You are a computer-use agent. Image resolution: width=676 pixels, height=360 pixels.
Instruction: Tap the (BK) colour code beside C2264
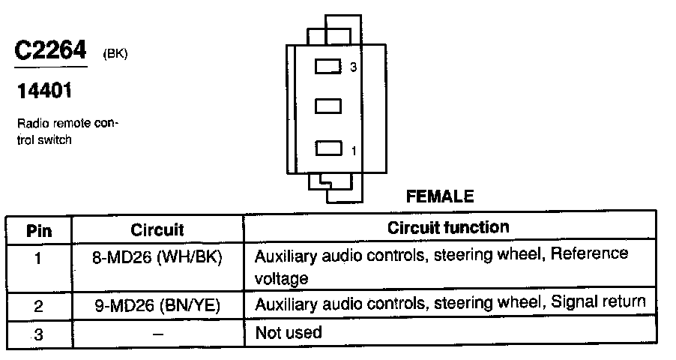pos(115,53)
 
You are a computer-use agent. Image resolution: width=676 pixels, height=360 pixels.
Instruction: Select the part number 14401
pos(45,93)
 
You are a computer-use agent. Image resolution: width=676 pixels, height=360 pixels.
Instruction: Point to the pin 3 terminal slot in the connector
pos(328,67)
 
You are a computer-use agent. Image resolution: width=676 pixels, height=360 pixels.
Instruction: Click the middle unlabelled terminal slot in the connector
pos(328,107)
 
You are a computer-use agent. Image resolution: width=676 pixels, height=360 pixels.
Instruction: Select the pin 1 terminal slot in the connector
pos(328,148)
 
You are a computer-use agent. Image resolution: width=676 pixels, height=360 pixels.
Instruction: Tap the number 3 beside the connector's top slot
pos(354,67)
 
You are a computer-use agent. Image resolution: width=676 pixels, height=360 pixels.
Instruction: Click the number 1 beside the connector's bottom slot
pos(354,151)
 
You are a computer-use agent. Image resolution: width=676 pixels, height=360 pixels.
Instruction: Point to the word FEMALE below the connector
pos(439,196)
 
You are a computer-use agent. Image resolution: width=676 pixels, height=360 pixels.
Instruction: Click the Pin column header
pos(39,229)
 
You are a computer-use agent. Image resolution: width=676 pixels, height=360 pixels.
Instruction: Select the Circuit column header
pos(157,229)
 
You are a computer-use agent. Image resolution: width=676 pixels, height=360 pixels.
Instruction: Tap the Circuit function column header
pos(448,227)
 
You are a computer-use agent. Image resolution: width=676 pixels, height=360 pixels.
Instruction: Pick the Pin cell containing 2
pos(39,305)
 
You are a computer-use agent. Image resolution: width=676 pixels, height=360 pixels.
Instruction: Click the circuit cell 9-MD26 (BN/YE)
pos(157,305)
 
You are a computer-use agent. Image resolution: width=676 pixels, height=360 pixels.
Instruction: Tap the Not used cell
pos(289,332)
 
